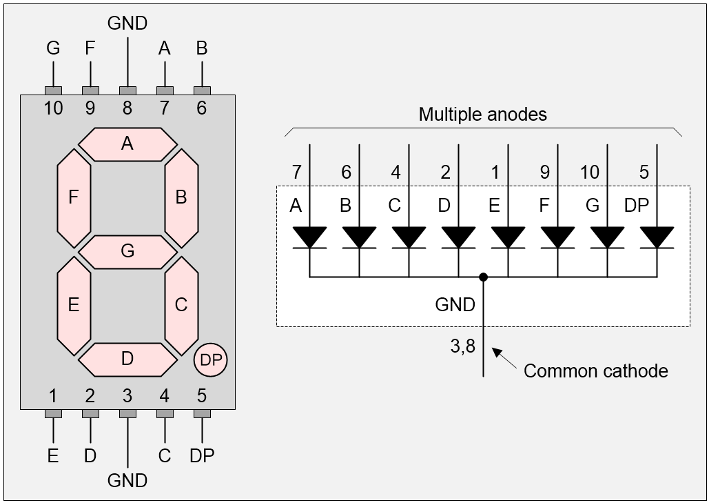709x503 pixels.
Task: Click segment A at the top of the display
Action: coord(127,144)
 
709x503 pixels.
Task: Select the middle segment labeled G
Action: coord(127,251)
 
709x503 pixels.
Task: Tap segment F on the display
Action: coord(74,197)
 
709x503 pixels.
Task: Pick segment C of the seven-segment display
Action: coord(181,305)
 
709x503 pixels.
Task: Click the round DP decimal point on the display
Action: coord(211,359)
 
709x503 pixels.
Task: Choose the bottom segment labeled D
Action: coord(127,359)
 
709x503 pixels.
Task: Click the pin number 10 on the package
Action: coord(53,108)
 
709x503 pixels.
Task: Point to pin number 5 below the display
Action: coord(201,396)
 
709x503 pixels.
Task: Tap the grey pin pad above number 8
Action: coord(127,90)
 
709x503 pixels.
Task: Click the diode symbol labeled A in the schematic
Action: coord(310,237)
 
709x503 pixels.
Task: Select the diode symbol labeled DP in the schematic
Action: coord(657,237)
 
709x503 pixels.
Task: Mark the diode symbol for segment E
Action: coord(508,237)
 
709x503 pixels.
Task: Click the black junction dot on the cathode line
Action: coord(484,277)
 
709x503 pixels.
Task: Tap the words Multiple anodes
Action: coord(482,115)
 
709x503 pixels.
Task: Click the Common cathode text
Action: coord(595,371)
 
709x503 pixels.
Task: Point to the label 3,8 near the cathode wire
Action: coord(463,347)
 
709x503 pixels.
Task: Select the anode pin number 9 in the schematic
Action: coord(545,172)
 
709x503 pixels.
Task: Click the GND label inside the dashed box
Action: coord(455,304)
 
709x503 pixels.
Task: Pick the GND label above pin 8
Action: coord(127,23)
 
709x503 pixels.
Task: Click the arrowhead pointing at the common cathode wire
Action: coord(497,353)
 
